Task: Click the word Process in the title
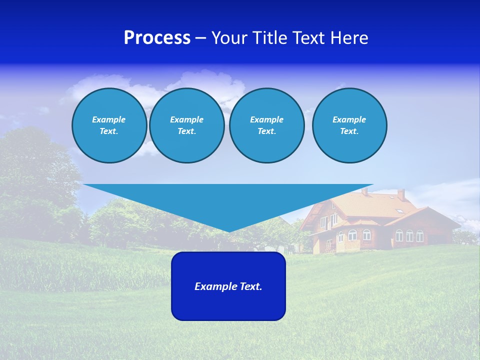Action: pyautogui.click(x=157, y=38)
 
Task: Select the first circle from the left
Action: pyautogui.click(x=109, y=125)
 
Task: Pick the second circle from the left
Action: pyautogui.click(x=186, y=125)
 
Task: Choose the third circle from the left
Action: pyautogui.click(x=266, y=125)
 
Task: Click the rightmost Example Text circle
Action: pyautogui.click(x=349, y=125)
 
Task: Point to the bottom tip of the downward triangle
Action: pyautogui.click(x=229, y=231)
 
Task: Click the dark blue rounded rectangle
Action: pyautogui.click(x=228, y=305)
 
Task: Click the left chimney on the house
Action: pyautogui.click(x=364, y=191)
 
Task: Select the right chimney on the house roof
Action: pyautogui.click(x=401, y=194)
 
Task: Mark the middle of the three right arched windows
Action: pyautogui.click(x=409, y=235)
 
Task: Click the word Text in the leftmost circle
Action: pyautogui.click(x=109, y=131)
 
